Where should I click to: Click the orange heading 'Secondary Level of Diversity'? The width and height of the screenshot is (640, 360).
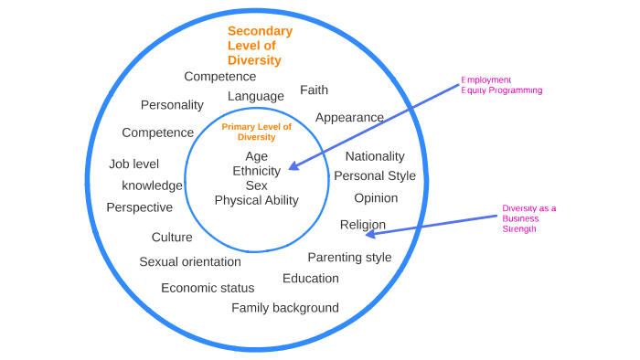tap(260, 46)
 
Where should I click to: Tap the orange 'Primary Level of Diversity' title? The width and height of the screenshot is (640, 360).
tap(256, 132)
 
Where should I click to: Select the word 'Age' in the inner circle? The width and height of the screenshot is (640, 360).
tap(257, 156)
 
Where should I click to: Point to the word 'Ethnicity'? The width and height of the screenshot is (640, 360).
tap(257, 171)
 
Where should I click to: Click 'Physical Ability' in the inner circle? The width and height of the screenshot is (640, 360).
tap(257, 200)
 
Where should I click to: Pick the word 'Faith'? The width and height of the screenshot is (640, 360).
tap(314, 90)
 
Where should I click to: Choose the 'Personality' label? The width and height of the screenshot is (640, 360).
tap(172, 105)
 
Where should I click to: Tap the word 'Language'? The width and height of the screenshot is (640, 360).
tap(256, 96)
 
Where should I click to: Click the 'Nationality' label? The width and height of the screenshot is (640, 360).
tap(375, 156)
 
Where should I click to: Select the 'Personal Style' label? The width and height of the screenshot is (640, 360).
tap(375, 175)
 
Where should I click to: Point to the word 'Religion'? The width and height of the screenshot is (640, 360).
tap(362, 225)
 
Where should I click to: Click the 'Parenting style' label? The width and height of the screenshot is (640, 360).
tap(349, 257)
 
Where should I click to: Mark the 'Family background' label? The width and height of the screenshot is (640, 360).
tap(285, 308)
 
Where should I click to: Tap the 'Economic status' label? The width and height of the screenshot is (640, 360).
tap(208, 288)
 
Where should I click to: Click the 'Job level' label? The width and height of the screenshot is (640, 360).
tap(133, 164)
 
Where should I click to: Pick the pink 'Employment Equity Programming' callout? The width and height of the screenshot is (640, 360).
tap(501, 85)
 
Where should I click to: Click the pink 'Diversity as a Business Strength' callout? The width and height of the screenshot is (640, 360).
tap(528, 218)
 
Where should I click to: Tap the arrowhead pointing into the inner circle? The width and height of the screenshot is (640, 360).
tap(293, 166)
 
